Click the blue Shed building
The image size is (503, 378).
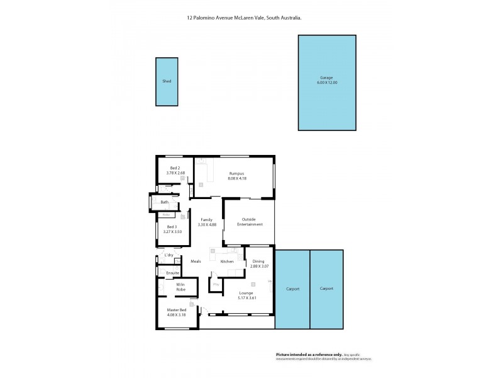pyautogui.click(x=167, y=82)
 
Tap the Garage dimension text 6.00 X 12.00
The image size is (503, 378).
pyautogui.click(x=327, y=83)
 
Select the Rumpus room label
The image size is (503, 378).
pyautogui.click(x=236, y=173)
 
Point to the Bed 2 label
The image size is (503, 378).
pyautogui.click(x=174, y=168)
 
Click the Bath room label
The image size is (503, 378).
pyautogui.click(x=164, y=202)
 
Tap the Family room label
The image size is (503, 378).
pyautogui.click(x=206, y=220)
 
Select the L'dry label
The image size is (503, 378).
pyautogui.click(x=169, y=255)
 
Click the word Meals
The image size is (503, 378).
pyautogui.click(x=195, y=261)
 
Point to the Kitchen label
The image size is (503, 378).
pyautogui.click(x=227, y=261)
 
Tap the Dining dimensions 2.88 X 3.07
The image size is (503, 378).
pyautogui.click(x=258, y=266)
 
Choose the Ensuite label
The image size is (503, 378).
pyautogui.click(x=173, y=273)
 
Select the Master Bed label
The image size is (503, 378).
pyautogui.click(x=176, y=310)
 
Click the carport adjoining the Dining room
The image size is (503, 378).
pyautogui.click(x=292, y=289)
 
